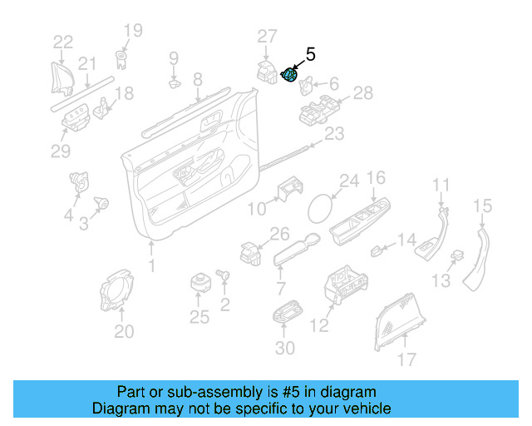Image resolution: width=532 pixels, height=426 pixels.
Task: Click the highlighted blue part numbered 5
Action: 291,75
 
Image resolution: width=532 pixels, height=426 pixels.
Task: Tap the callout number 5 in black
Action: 311,55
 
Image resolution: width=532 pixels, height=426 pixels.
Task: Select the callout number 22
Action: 63,42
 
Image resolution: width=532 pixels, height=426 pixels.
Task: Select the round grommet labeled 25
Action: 199,282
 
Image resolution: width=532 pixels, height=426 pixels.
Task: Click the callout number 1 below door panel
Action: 151,265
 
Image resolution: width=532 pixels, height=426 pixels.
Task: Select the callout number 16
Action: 376,178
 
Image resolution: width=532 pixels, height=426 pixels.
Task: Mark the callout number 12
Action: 320,326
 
